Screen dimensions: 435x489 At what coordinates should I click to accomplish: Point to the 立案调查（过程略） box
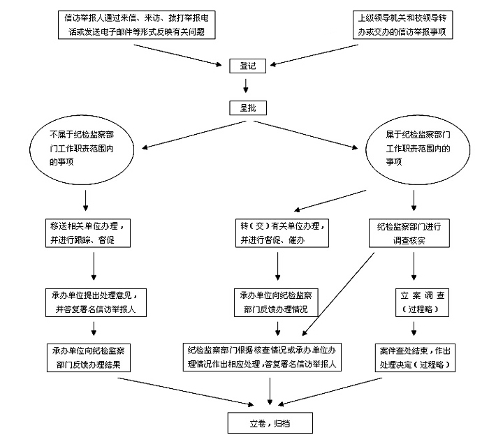[x=418, y=301]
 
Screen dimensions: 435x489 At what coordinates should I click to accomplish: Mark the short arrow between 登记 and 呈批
[x=245, y=87]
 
